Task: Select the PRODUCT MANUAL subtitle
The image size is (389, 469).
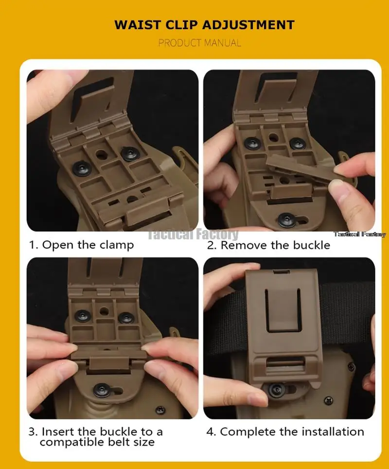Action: tap(199, 43)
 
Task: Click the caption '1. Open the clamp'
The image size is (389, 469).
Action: tap(81, 245)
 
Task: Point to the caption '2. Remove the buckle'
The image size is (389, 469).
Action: tap(268, 245)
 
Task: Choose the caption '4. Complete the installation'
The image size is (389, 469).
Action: tap(285, 432)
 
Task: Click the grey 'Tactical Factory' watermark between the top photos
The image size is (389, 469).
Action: tap(194, 234)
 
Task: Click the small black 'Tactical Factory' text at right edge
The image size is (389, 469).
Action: tap(360, 234)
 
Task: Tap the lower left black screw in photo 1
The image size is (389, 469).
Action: tap(82, 168)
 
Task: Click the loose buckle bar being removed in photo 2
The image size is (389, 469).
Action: tap(299, 169)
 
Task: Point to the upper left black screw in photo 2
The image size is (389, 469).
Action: tap(252, 144)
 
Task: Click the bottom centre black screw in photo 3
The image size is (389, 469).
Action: tap(102, 390)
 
